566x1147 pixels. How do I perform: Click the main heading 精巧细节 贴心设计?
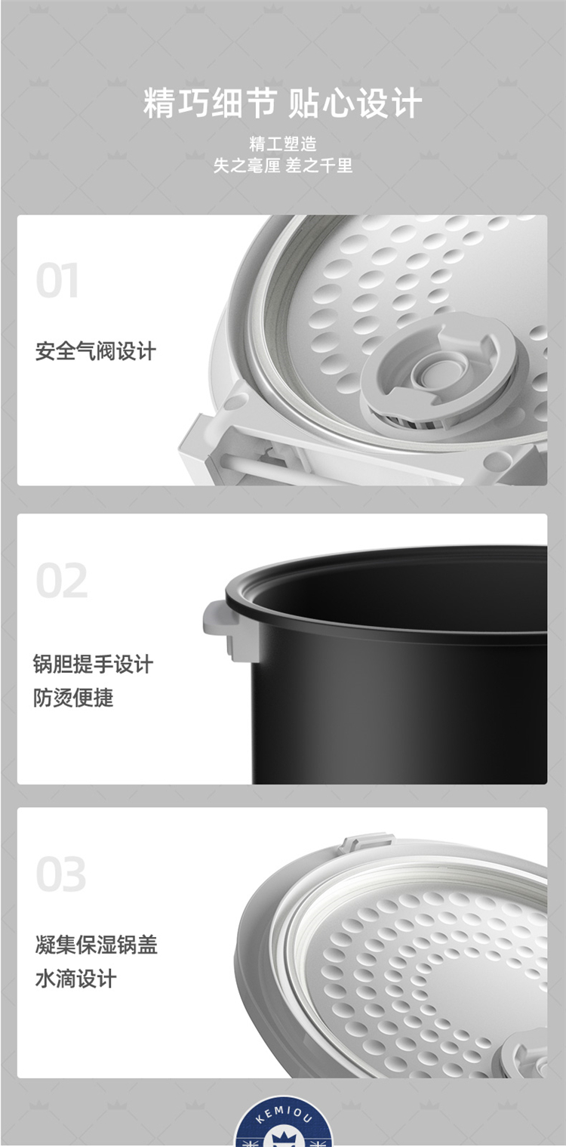pyautogui.click(x=282, y=103)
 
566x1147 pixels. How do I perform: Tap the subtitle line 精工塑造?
pyautogui.click(x=283, y=144)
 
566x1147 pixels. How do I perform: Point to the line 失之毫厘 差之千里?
pyautogui.click(x=283, y=165)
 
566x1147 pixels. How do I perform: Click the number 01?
pyautogui.click(x=57, y=280)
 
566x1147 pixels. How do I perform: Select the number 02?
pyautogui.click(x=62, y=580)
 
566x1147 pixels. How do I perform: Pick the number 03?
pyautogui.click(x=61, y=874)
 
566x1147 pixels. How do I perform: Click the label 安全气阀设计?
pyautogui.click(x=96, y=352)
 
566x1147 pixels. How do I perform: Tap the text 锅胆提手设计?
pyautogui.click(x=93, y=664)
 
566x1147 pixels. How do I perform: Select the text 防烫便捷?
pyautogui.click(x=73, y=698)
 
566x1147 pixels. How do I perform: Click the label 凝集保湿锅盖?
pyautogui.click(x=96, y=945)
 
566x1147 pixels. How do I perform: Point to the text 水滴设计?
pyautogui.click(x=75, y=979)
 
